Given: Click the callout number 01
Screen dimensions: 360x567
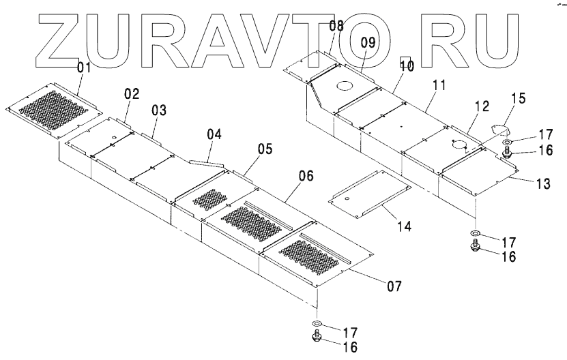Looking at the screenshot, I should pyautogui.click(x=84, y=67).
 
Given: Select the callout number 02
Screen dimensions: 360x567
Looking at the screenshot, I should pyautogui.click(x=132, y=94).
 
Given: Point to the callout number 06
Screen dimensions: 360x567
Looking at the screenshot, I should pyautogui.click(x=306, y=176).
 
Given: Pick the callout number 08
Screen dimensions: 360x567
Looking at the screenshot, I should pyautogui.click(x=336, y=27).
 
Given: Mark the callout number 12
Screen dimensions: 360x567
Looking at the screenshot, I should pyautogui.click(x=482, y=106).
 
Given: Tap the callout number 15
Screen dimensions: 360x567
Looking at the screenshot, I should pyautogui.click(x=519, y=98).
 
